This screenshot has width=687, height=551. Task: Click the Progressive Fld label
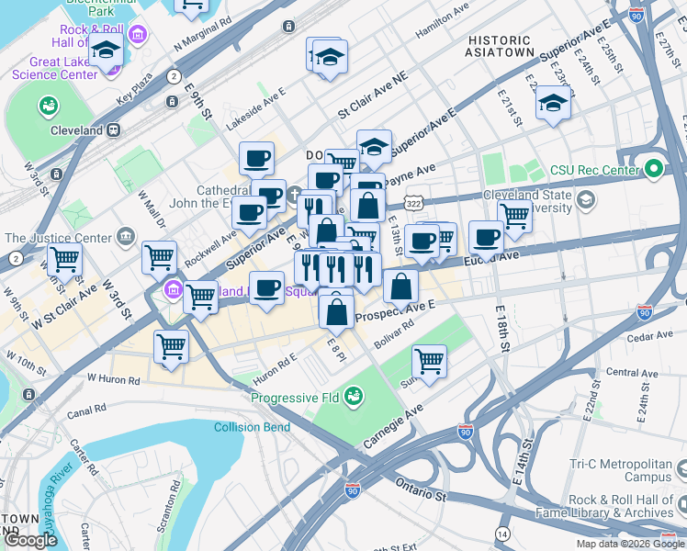(x=295, y=398)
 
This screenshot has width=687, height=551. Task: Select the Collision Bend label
(x=251, y=427)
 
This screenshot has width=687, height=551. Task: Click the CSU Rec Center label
(x=593, y=170)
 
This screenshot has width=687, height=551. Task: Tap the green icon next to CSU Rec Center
(x=653, y=169)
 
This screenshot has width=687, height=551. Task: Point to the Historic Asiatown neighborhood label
(x=500, y=47)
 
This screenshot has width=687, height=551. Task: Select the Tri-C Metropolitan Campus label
(x=620, y=470)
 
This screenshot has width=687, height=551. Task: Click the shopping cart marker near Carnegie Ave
(x=429, y=360)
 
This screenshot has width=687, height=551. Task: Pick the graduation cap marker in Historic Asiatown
(x=553, y=104)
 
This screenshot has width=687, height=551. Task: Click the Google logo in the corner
(x=30, y=540)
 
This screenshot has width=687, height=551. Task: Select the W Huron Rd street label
(x=114, y=377)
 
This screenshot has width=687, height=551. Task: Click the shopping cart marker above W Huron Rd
(x=172, y=346)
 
